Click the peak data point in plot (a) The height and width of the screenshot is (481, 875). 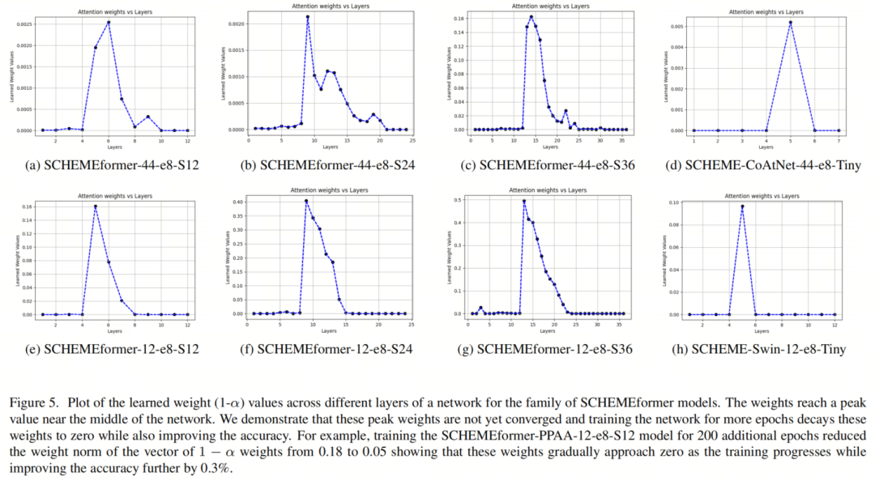108,22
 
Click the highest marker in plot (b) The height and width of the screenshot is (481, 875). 308,16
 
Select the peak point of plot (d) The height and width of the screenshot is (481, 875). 790,22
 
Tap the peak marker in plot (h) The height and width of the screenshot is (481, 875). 741,206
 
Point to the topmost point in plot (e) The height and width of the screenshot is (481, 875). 95,206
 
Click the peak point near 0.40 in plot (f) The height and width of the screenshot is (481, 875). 306,201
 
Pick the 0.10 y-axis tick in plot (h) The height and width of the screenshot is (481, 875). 673,201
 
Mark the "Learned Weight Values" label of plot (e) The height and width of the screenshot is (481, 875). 18,257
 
